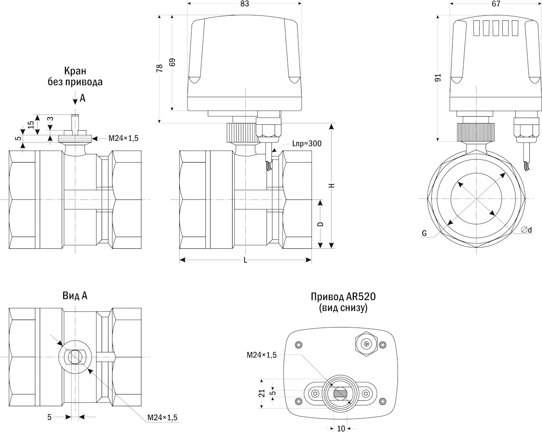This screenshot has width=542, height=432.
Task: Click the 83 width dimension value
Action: pos(244,4)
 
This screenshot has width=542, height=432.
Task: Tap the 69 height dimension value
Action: pos(172,62)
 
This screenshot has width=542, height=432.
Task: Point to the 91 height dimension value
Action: pos(438,78)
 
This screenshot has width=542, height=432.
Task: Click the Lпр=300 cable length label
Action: pos(307,144)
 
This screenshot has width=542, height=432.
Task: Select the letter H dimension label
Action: pos(332,185)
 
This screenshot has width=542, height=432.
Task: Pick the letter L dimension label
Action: pos(245,260)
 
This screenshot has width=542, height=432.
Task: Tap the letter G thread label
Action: pos(424,233)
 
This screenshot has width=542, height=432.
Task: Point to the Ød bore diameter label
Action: pos(526,230)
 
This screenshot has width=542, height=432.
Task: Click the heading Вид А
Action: pos(75,296)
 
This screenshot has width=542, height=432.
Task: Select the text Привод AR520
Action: pos(343,297)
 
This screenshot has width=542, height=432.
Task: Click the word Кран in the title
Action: pos(75,71)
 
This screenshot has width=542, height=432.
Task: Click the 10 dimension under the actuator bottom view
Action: pos(341,428)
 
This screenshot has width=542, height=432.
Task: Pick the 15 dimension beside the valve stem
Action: pos(30,124)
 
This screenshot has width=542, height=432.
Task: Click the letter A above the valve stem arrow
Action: pos(82,97)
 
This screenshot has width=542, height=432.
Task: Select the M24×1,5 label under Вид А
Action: pos(162,417)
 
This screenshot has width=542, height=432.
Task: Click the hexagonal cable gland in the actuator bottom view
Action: pos(366,344)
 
